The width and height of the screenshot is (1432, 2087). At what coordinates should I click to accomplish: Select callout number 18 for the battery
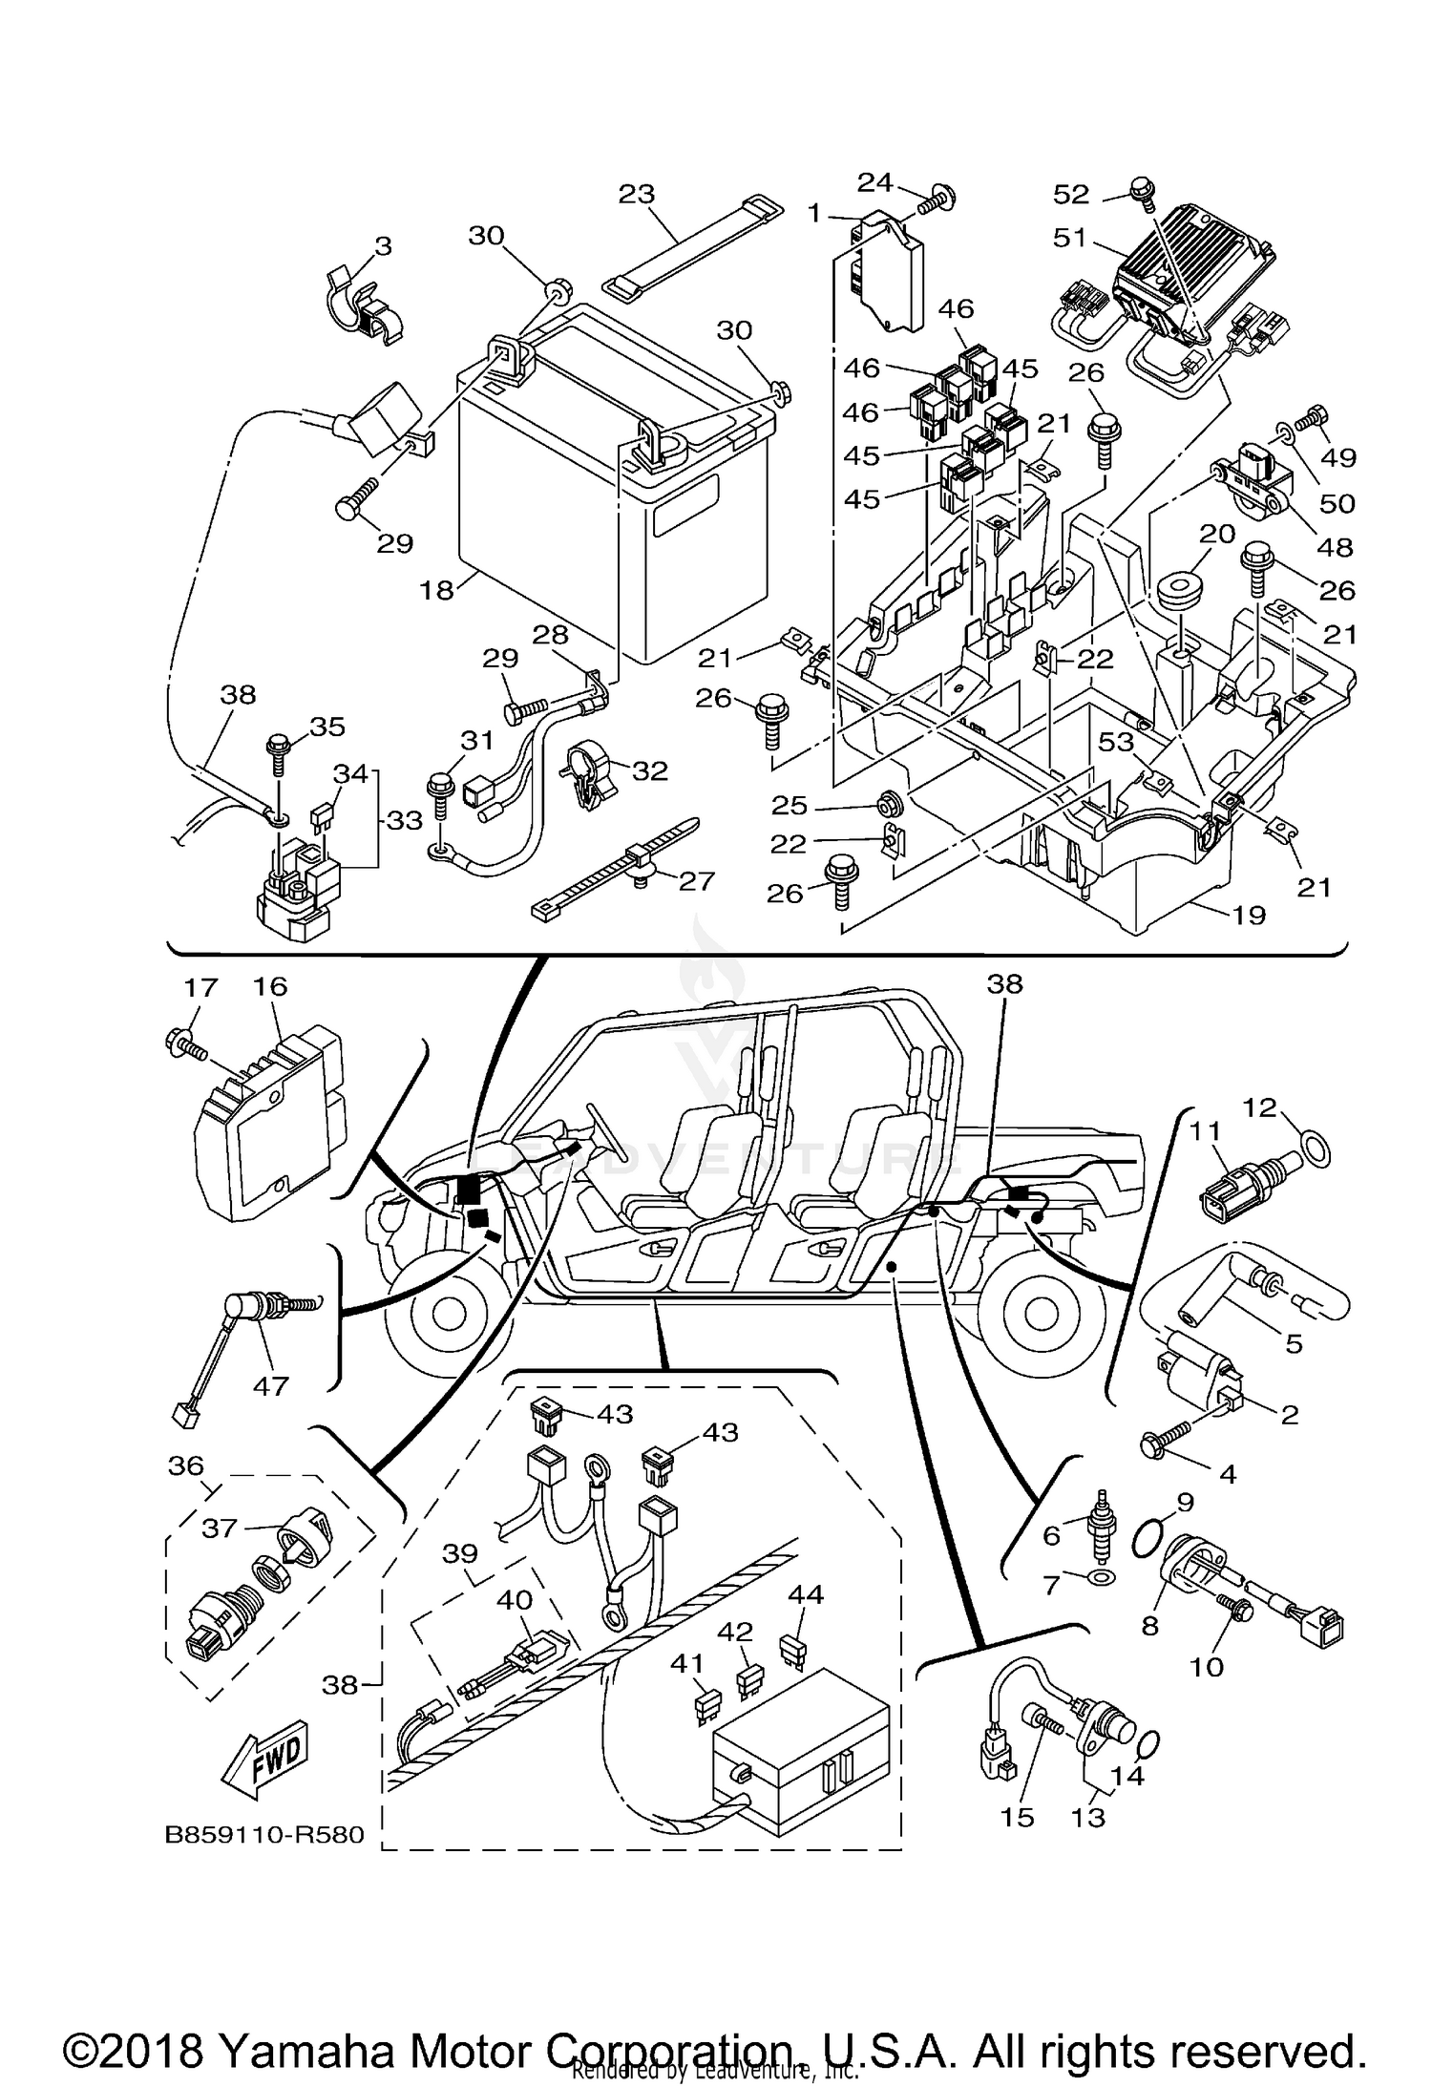[x=436, y=590]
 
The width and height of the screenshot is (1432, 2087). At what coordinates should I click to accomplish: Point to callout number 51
[x=1069, y=236]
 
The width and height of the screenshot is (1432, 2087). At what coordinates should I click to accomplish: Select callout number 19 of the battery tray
[x=1249, y=915]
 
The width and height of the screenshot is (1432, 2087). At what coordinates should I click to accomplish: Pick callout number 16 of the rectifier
[x=271, y=986]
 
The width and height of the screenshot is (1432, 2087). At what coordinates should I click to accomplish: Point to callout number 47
[x=270, y=1385]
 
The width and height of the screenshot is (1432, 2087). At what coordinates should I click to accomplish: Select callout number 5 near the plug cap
[x=1294, y=1344]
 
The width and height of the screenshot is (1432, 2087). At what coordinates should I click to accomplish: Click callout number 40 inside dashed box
[x=515, y=1599]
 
